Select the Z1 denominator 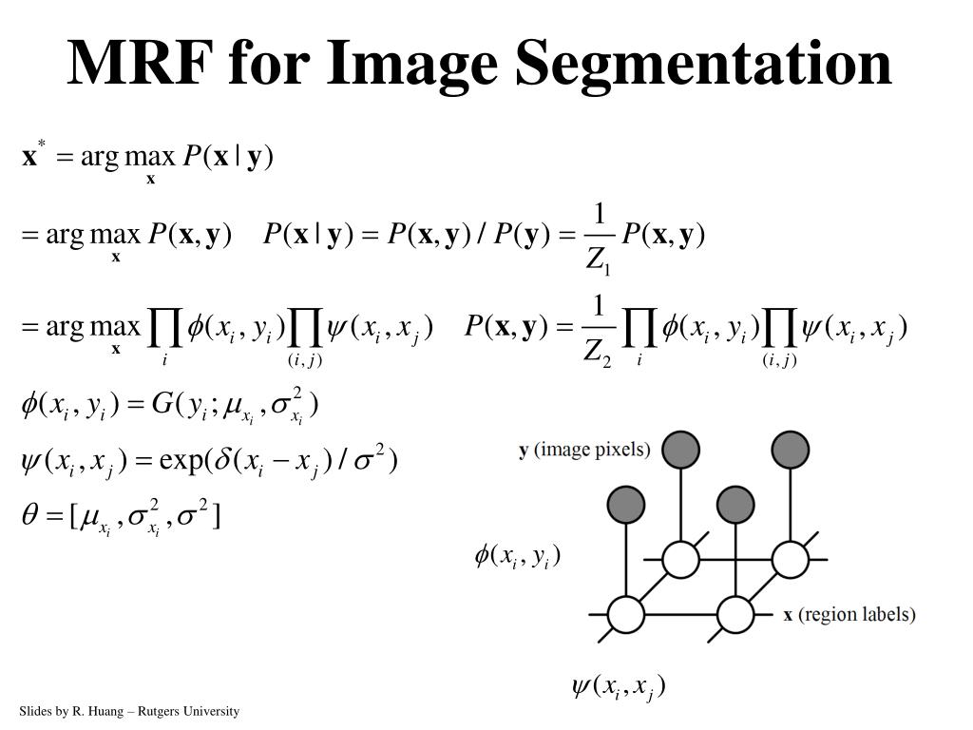pyautogui.click(x=598, y=259)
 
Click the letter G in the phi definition pyautogui.click(x=162, y=404)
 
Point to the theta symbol pyautogui.click(x=29, y=516)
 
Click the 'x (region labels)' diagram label pyautogui.click(x=849, y=615)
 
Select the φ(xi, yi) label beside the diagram pyautogui.click(x=518, y=555)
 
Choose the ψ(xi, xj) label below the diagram pyautogui.click(x=618, y=686)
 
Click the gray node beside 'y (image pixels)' pyautogui.click(x=680, y=450)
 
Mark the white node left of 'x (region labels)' pyautogui.click(x=735, y=614)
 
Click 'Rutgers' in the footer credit pyautogui.click(x=154, y=711)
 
